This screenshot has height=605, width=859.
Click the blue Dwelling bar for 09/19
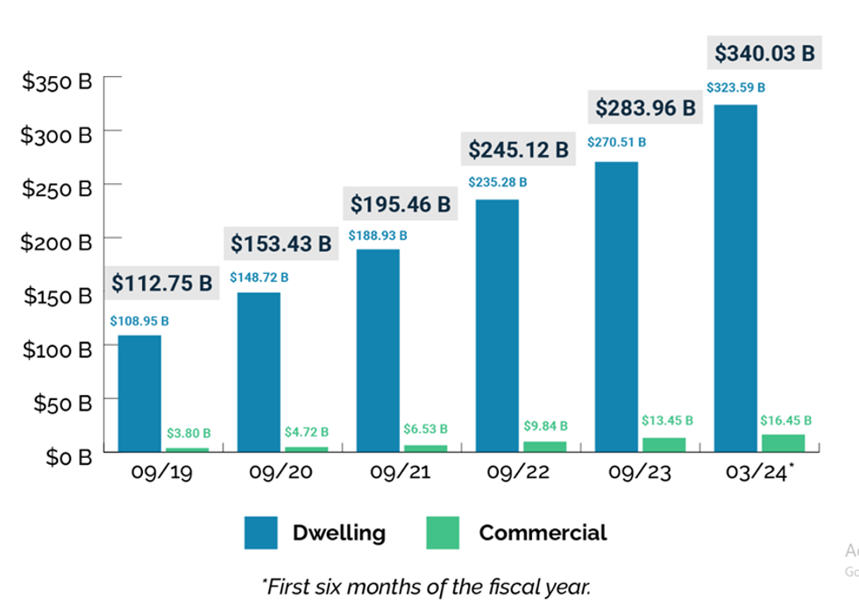click(139, 393)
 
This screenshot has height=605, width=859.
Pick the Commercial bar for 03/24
click(783, 443)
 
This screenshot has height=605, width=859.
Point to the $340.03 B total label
click(764, 53)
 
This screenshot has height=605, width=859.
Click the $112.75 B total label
click(162, 283)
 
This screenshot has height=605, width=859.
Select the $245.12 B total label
click(517, 150)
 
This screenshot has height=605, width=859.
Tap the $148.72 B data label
click(259, 278)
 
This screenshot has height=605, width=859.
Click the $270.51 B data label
click(617, 142)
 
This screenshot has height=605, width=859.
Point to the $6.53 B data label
click(425, 429)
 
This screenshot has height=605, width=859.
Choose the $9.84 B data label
click(546, 426)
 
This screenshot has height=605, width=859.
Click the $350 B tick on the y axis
click(57, 82)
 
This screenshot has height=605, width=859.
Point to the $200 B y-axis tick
click(57, 243)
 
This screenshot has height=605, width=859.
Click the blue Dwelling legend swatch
click(261, 532)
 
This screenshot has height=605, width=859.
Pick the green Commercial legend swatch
click(442, 532)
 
